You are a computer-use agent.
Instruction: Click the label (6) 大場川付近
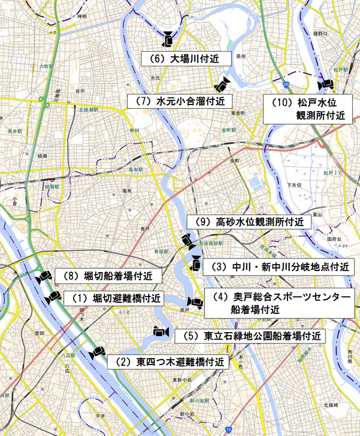point(181,58)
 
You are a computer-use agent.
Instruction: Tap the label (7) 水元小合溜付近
point(179,101)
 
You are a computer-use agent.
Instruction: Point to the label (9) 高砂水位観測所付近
point(249,222)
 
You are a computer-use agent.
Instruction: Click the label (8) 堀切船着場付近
point(111,275)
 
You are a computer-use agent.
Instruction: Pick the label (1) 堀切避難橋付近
point(113,299)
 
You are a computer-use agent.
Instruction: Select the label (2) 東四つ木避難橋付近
point(168,361)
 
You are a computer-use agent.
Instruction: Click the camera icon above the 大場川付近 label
point(169,39)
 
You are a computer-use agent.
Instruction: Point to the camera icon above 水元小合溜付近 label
point(222,84)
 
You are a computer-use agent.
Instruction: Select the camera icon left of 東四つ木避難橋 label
point(97,353)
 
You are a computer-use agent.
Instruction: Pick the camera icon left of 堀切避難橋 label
point(53,298)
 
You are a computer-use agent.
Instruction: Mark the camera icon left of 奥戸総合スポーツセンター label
point(195,302)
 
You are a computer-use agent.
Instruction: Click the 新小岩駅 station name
point(200,400)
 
